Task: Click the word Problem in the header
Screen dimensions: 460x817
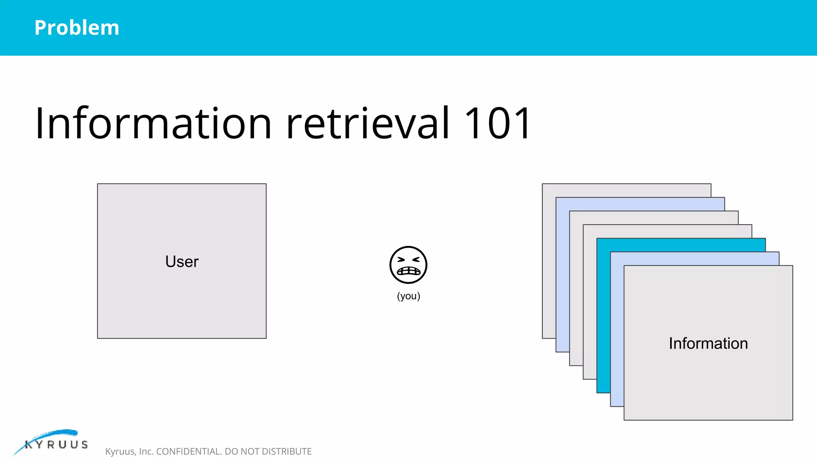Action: pos(77,28)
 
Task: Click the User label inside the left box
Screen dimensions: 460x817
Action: pos(182,262)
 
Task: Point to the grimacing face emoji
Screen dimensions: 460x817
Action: pos(408,265)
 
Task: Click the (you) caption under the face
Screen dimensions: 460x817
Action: pos(408,296)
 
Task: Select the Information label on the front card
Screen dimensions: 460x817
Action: pos(708,343)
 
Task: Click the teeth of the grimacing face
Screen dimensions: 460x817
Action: pos(408,271)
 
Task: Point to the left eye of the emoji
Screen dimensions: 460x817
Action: pos(401,260)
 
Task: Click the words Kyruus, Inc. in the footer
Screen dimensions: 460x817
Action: pos(129,452)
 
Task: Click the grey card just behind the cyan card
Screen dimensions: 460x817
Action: pos(590,303)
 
